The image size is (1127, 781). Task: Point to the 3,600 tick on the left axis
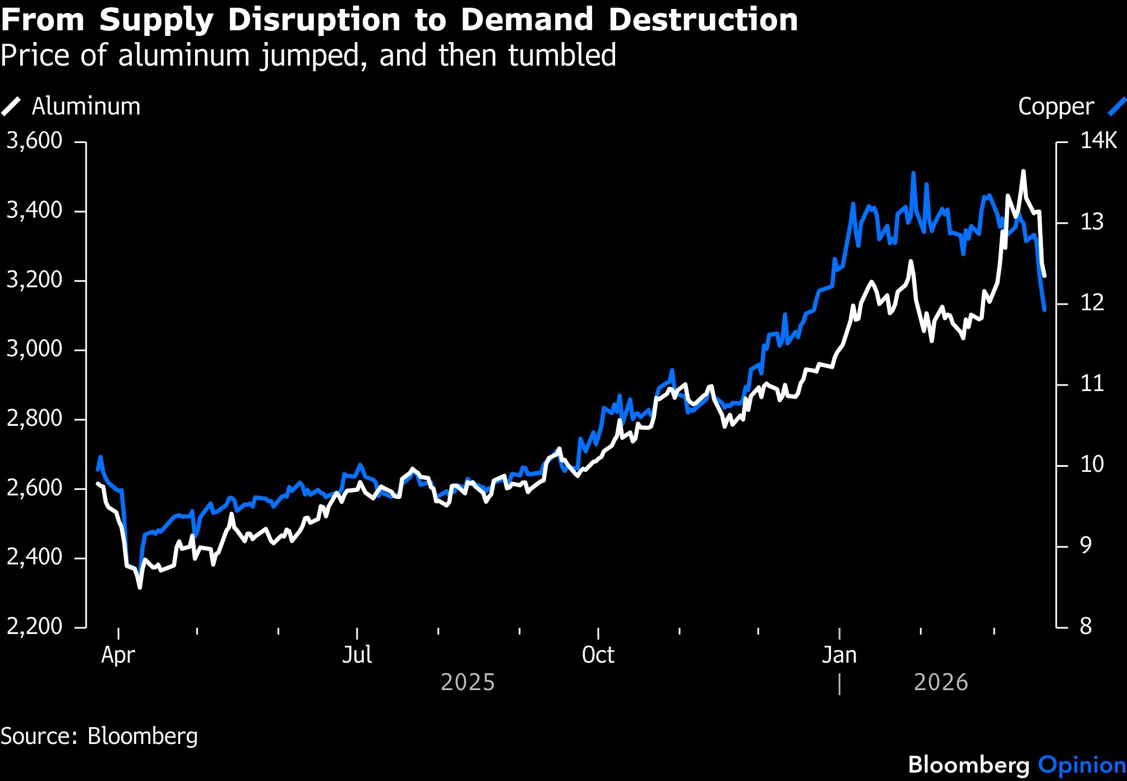point(34,141)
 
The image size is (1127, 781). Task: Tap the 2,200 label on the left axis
point(34,626)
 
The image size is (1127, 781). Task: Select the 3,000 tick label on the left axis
point(34,349)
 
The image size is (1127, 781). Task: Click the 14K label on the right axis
point(1098,141)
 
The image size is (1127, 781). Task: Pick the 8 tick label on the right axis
point(1086,626)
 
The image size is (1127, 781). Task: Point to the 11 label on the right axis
point(1092,384)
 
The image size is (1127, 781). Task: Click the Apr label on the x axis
point(118,655)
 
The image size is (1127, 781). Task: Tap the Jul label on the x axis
point(357,655)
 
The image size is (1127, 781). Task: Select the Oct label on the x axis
point(598,655)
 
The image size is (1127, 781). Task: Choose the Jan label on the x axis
point(839,655)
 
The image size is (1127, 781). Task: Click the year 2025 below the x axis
point(468,683)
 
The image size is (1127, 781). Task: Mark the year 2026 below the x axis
point(941,683)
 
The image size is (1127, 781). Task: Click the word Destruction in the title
point(703,20)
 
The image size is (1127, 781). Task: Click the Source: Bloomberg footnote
point(99,736)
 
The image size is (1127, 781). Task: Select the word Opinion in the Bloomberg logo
point(1082,765)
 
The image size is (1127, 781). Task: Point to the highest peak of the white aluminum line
point(1023,171)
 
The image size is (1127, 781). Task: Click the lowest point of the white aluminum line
point(140,587)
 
